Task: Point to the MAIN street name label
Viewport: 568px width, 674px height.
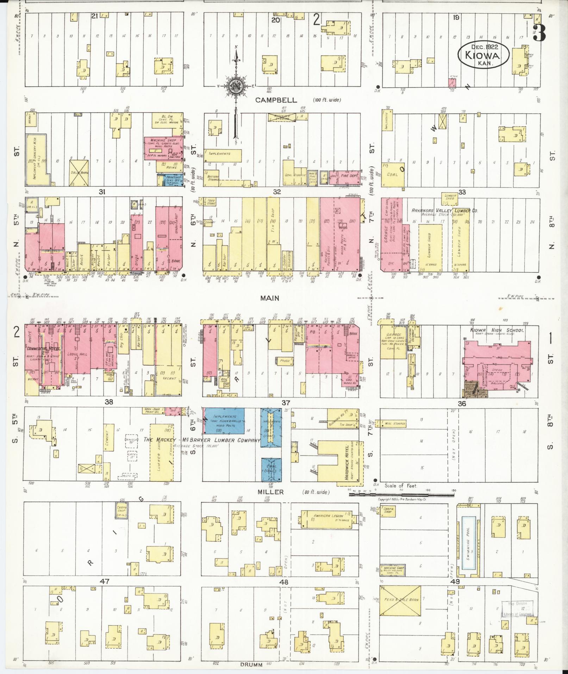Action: click(x=269, y=298)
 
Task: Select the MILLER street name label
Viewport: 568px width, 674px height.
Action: click(x=270, y=492)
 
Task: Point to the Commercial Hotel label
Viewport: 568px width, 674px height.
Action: click(x=43, y=349)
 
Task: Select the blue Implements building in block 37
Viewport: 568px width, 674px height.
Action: click(x=225, y=420)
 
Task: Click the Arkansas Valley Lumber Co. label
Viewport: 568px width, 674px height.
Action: click(x=445, y=210)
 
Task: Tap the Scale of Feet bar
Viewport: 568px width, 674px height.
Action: click(x=401, y=494)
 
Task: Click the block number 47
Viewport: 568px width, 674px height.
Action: click(x=105, y=581)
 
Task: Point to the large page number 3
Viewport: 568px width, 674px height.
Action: click(x=539, y=33)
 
